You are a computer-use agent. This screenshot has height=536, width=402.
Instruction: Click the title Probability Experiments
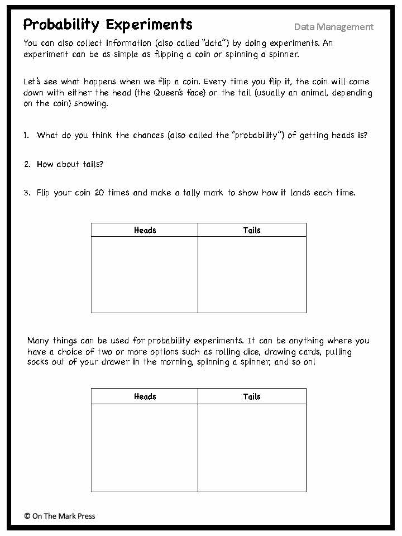[108, 25]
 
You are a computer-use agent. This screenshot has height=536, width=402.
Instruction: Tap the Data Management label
[334, 27]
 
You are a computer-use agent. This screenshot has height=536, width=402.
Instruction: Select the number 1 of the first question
[26, 135]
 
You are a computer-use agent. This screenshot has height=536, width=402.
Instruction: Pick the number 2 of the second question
[26, 164]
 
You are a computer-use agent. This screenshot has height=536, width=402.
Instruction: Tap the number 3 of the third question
[26, 193]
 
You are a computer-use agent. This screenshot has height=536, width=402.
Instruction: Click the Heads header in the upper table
[145, 230]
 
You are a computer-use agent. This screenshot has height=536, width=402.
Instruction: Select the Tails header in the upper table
[252, 230]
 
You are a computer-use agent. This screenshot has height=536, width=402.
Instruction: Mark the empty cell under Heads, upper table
[145, 274]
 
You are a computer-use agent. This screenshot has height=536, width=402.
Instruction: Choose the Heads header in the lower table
[145, 396]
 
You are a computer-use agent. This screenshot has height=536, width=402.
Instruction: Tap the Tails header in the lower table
[252, 396]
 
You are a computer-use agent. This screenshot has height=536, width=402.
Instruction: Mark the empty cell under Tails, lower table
[252, 447]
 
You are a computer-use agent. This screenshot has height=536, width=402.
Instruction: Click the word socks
[38, 362]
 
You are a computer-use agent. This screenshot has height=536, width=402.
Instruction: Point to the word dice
[250, 352]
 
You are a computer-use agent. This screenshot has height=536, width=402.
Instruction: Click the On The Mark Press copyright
[60, 516]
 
